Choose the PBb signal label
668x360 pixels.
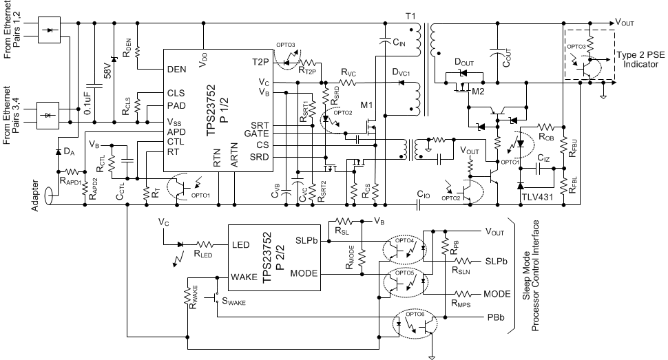[494, 318]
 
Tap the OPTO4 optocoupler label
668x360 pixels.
[406, 240]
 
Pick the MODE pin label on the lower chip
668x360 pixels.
[302, 273]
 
